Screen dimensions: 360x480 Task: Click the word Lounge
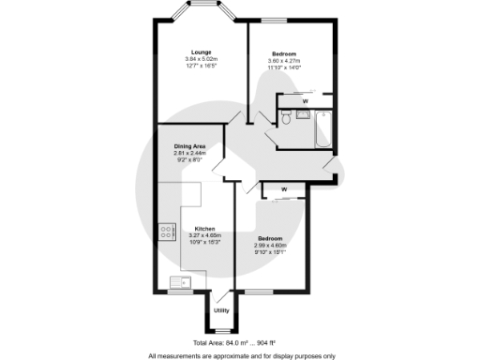pyautogui.click(x=201, y=52)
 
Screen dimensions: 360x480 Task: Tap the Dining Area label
pyautogui.click(x=197, y=146)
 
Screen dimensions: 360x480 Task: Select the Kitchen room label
pyautogui.click(x=205, y=228)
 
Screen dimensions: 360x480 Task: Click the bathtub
pyautogui.click(x=323, y=129)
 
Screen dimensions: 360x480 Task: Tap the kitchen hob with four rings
pyautogui.click(x=167, y=231)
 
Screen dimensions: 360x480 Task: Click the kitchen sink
pyautogui.click(x=177, y=281)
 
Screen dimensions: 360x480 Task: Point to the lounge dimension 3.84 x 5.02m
pyautogui.click(x=201, y=60)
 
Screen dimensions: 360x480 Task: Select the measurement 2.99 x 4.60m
pyautogui.click(x=272, y=246)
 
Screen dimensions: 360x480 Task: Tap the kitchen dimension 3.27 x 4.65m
pyautogui.click(x=205, y=236)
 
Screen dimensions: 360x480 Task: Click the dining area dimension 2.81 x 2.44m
pyautogui.click(x=197, y=155)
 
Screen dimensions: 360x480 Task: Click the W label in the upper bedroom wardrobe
pyautogui.click(x=305, y=99)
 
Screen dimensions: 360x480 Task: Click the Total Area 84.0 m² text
pyautogui.click(x=217, y=343)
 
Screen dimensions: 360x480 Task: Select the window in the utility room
pyautogui.click(x=222, y=330)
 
